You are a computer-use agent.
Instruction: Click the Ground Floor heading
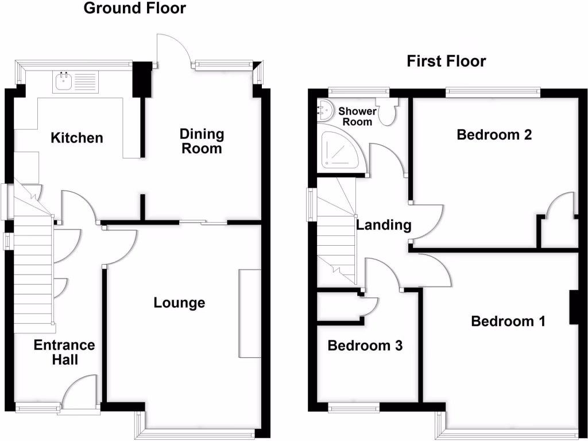click(x=135, y=8)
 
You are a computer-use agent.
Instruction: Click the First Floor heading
click(x=446, y=61)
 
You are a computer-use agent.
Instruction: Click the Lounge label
click(x=179, y=303)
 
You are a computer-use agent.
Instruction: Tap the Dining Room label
click(x=202, y=141)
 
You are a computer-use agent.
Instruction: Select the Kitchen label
click(x=77, y=138)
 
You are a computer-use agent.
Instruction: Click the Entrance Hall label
click(x=64, y=352)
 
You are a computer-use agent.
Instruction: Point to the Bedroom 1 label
click(x=508, y=321)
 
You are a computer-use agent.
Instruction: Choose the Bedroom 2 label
click(x=494, y=135)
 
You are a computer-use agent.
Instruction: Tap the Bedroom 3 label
click(x=365, y=346)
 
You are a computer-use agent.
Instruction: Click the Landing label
click(x=384, y=225)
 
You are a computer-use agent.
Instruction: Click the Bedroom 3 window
click(x=354, y=408)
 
